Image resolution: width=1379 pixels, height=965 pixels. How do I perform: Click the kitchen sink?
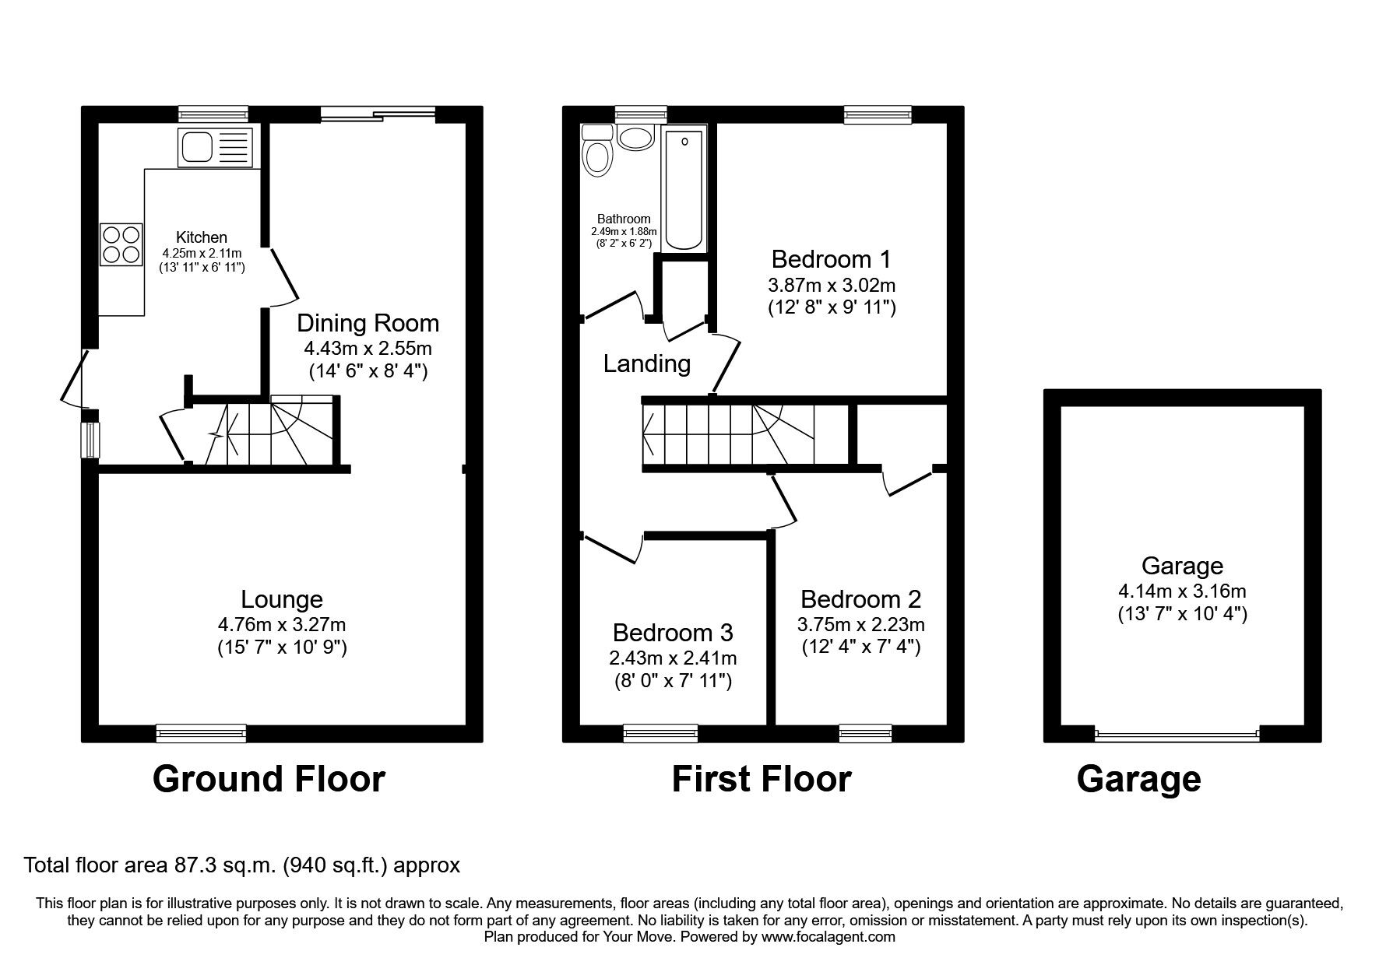coord(216,148)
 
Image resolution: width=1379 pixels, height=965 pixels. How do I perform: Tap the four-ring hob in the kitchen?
coord(121,244)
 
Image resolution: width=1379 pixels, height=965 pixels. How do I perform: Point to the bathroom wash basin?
coord(637,139)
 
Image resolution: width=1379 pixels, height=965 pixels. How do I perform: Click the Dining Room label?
coord(368,323)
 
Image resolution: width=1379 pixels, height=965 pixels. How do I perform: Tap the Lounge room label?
coord(282,599)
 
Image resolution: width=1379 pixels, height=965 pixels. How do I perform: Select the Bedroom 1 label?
coord(832,258)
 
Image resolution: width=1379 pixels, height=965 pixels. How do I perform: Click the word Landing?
coord(647,363)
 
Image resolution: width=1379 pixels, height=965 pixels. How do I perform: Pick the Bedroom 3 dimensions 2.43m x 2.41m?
coord(673,658)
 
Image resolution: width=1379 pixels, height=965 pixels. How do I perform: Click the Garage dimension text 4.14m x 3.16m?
coord(1182,591)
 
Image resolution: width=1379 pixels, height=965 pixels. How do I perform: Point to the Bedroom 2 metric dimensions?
coord(861,624)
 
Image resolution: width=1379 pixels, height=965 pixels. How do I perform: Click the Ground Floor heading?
coord(269,779)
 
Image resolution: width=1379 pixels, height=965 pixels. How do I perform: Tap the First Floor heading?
coord(762,779)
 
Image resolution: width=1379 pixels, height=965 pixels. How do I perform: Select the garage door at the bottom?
coord(1177,734)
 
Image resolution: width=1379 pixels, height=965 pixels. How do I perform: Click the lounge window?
coord(201,733)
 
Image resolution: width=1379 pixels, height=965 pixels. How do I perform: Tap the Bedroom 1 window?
coord(878,114)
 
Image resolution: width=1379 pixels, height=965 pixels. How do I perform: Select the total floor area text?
coord(242,865)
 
